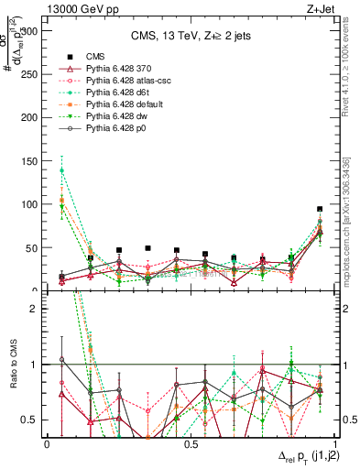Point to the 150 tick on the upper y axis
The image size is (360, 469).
point(35,160)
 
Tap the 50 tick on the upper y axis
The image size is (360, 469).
point(35,247)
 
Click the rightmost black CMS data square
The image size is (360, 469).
point(320,209)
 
